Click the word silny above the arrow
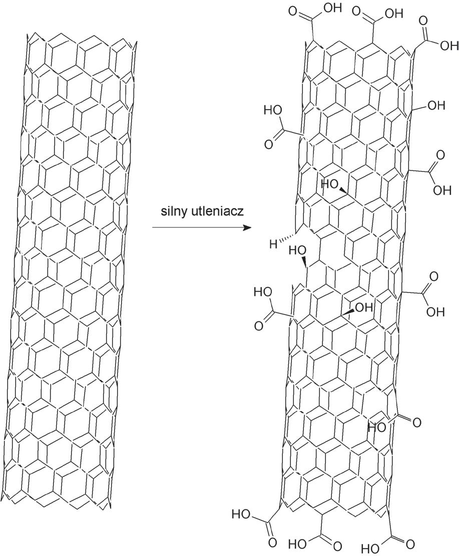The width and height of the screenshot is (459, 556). click(172, 212)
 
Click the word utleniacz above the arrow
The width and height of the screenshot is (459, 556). click(216, 212)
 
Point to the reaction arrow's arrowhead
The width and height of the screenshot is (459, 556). click(246, 227)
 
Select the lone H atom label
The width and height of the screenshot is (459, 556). click(273, 244)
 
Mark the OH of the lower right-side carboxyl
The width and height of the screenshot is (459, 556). click(433, 311)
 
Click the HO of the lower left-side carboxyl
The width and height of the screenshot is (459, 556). click(263, 291)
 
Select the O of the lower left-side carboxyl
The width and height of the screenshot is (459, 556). click(259, 326)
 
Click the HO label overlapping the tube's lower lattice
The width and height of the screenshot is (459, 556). click(377, 427)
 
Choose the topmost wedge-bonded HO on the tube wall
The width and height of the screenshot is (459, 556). click(330, 184)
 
